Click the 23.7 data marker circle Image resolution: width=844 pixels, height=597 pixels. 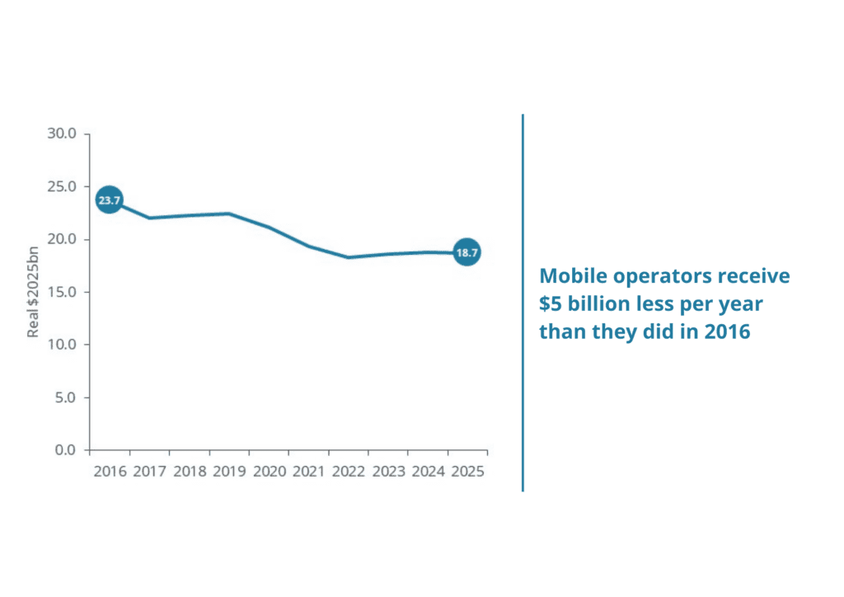[x=110, y=200]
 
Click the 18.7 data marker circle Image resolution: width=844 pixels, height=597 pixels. [x=467, y=252]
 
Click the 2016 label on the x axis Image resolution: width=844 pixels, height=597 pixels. [x=110, y=472]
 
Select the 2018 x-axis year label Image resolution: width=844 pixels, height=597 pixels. [x=190, y=472]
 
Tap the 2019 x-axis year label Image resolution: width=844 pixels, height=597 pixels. [x=229, y=472]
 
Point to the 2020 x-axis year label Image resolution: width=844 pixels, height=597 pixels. [x=269, y=472]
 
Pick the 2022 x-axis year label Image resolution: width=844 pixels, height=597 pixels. [x=348, y=472]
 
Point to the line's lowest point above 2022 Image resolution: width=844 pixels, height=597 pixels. [x=348, y=257]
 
